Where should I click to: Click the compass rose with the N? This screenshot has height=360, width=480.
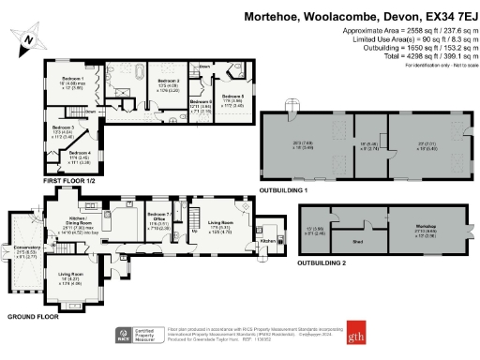click(x=29, y=40)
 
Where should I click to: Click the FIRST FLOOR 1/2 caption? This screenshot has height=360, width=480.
click(x=67, y=181)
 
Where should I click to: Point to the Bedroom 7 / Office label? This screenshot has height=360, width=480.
click(x=159, y=218)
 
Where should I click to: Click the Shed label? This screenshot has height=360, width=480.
click(x=357, y=241)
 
